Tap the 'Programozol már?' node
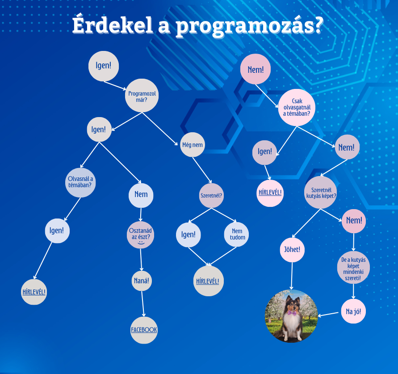coord(142,96)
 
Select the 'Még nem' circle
coord(193,144)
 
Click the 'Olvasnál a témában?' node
coord(80,183)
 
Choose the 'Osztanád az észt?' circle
coord(140,235)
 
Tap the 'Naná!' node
coord(142,281)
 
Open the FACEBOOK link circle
coord(144,330)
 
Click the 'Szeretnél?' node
coord(211,196)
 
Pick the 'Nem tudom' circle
coord(236,234)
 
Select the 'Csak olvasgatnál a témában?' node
coord(297,107)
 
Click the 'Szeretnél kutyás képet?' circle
coord(321,193)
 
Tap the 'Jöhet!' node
coord(292,250)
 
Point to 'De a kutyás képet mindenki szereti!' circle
coord(353,268)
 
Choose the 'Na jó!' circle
coord(353,311)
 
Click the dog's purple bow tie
coord(292,312)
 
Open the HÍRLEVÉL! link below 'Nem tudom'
coord(209,281)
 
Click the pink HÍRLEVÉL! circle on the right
coord(270,193)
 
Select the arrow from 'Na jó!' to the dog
coord(328,314)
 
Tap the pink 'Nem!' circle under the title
coord(256,69)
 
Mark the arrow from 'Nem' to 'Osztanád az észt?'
coord(141,214)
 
